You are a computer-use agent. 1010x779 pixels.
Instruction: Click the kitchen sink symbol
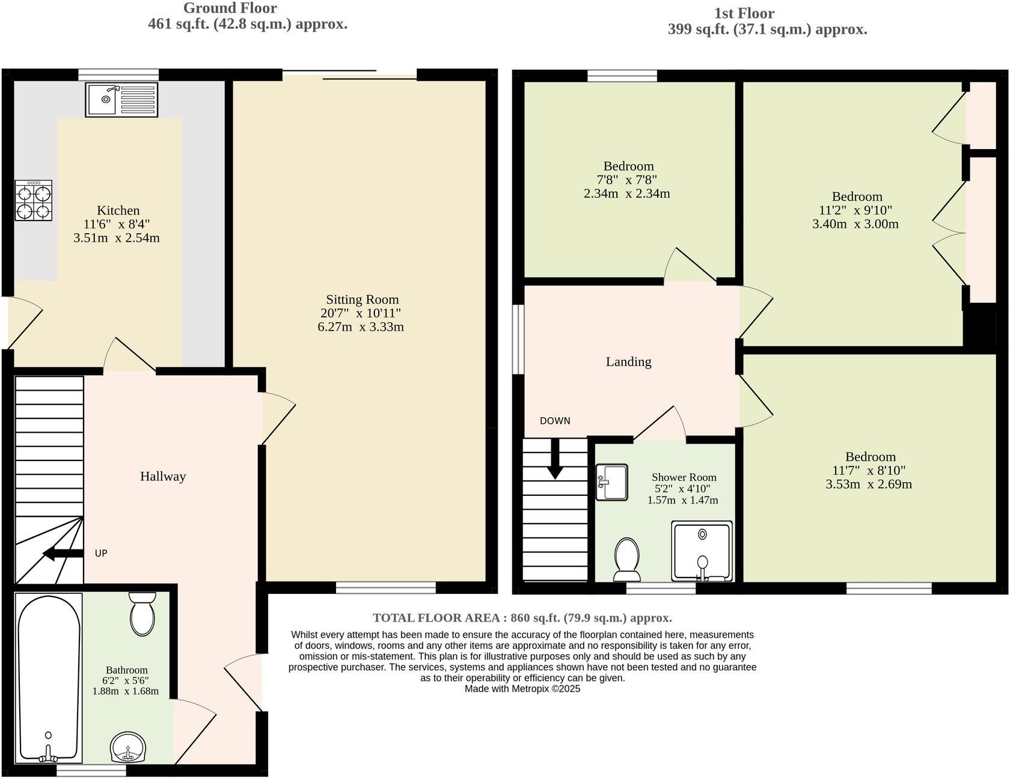(x=121, y=99)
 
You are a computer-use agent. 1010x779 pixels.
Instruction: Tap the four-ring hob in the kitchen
(x=34, y=201)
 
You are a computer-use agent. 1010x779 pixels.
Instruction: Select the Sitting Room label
(x=362, y=299)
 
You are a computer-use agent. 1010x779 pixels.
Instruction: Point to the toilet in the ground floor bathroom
(x=142, y=614)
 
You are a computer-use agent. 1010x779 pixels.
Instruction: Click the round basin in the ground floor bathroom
(x=128, y=747)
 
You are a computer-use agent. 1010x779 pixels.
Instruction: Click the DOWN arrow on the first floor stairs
(x=554, y=459)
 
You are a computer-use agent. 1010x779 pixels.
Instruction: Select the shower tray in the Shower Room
(x=702, y=551)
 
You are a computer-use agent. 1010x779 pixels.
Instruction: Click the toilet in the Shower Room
(x=627, y=558)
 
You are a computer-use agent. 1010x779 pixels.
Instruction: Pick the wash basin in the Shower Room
(x=611, y=481)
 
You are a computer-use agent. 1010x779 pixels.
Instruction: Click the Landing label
(x=628, y=362)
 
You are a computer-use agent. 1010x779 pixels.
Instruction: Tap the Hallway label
(x=163, y=477)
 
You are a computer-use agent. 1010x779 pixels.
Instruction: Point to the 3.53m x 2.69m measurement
(x=869, y=484)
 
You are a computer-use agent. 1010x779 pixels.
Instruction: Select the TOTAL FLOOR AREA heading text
(x=522, y=618)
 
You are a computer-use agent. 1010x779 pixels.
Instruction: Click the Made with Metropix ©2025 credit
(x=522, y=689)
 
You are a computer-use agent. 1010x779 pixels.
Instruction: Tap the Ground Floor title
(x=230, y=8)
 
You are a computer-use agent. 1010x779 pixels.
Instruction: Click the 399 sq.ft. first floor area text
(x=767, y=29)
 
